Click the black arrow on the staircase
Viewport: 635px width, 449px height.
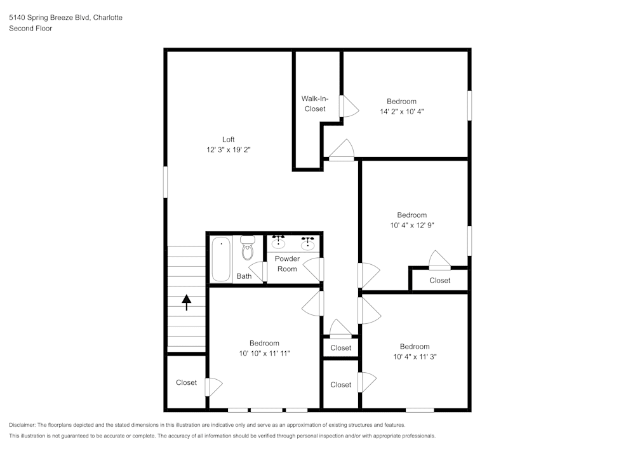coord(187,302)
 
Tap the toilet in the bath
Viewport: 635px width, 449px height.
coord(248,250)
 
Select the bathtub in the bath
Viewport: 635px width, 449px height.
coord(221,259)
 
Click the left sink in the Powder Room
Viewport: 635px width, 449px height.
coord(278,242)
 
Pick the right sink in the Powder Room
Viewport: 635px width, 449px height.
coord(308,242)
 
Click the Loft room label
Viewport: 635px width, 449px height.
coord(228,140)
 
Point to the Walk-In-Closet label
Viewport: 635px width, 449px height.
coord(314,104)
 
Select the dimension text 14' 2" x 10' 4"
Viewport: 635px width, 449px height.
coord(401,112)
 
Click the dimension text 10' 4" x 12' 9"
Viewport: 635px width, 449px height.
coord(411,225)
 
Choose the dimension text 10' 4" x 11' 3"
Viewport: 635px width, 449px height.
coord(414,357)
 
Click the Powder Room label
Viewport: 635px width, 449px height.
coord(287,264)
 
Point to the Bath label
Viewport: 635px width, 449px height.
coord(244,276)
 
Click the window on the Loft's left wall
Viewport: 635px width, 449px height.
coord(165,182)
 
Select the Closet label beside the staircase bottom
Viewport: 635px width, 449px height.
coord(186,382)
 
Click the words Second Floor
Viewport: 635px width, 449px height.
coord(30,29)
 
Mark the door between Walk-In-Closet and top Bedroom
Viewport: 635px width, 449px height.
coord(344,106)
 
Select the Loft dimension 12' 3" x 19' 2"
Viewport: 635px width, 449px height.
coord(228,150)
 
